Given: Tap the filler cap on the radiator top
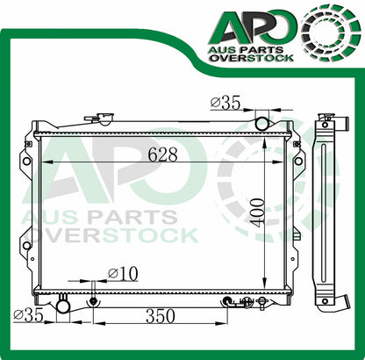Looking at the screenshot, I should [x=104, y=119].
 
